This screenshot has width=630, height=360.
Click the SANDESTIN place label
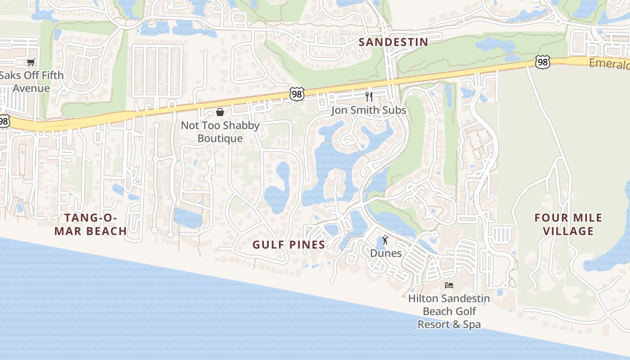[393, 42]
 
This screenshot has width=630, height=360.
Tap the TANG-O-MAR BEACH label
[95, 225]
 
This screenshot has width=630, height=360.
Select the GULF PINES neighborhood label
[288, 245]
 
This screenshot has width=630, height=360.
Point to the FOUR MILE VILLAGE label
[568, 225]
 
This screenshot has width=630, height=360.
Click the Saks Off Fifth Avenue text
[31, 81]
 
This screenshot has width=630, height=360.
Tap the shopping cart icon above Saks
[31, 63]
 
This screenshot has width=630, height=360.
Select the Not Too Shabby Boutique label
[220, 132]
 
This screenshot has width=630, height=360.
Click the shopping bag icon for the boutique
[220, 112]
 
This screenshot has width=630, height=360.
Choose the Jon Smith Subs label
[369, 110]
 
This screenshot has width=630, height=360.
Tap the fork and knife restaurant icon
[369, 96]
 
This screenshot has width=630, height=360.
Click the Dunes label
[386, 253]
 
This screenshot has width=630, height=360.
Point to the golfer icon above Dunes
[385, 240]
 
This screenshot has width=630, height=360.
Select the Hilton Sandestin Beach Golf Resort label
[449, 311]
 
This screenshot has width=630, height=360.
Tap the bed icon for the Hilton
[449, 285]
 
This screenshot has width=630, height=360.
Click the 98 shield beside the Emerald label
[543, 62]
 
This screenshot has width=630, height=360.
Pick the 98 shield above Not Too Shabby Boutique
[297, 94]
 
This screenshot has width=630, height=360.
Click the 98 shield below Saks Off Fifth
[4, 121]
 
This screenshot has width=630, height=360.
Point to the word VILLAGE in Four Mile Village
[568, 231]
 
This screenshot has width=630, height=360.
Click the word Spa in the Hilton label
[472, 324]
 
